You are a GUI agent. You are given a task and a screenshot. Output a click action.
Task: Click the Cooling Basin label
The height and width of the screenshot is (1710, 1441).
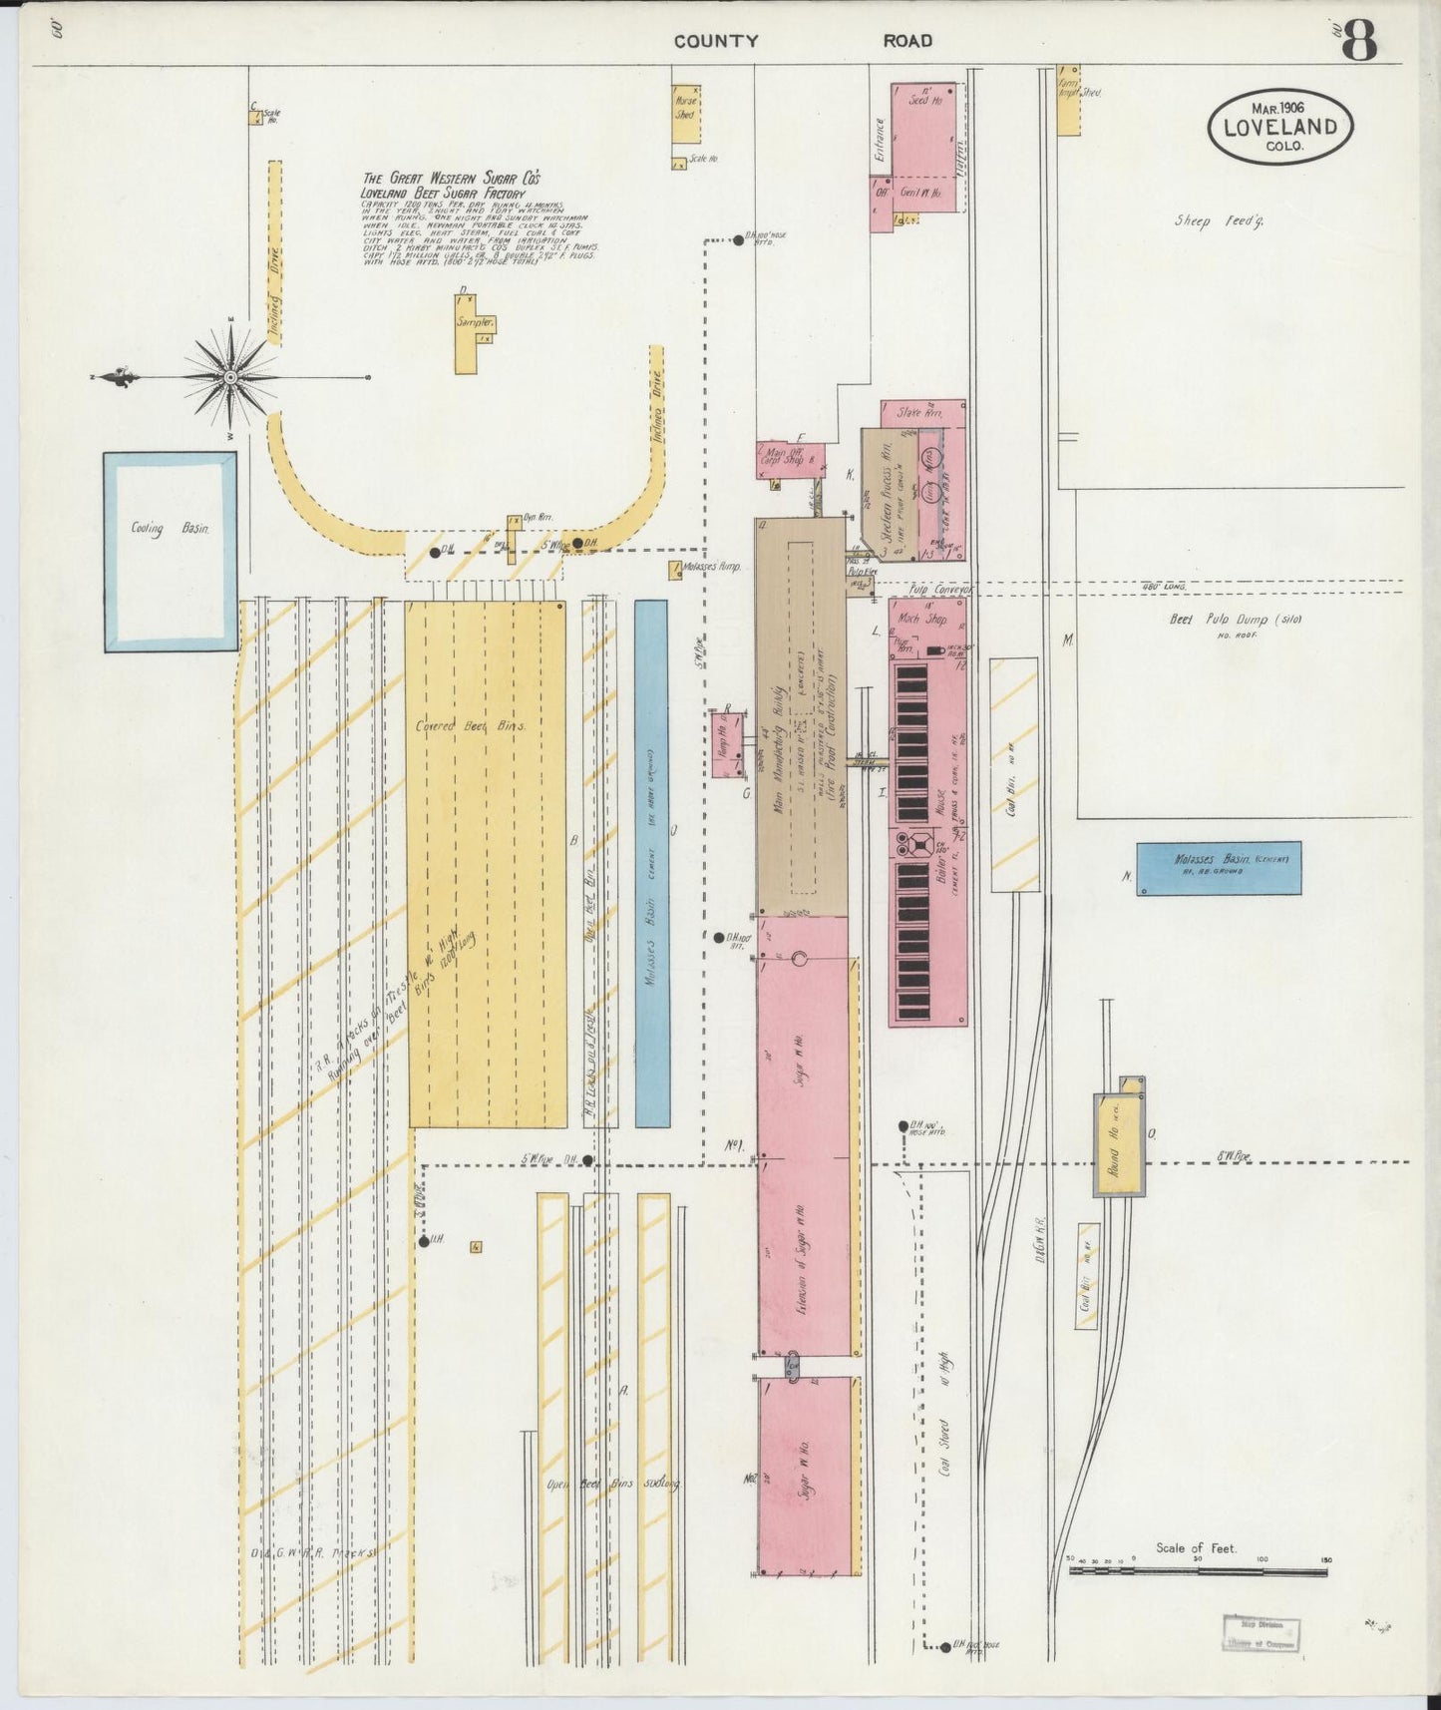(170, 529)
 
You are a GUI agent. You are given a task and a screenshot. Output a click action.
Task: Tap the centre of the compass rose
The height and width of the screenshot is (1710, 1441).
(230, 377)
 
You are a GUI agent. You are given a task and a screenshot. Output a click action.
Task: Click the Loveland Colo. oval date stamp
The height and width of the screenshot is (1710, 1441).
(1280, 127)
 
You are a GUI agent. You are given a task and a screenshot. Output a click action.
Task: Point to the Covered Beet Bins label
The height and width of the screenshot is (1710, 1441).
(471, 726)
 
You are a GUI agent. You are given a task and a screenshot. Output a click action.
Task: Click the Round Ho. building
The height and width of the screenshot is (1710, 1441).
(1119, 1144)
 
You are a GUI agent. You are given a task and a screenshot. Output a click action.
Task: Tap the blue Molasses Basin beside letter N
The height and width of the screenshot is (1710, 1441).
(1219, 868)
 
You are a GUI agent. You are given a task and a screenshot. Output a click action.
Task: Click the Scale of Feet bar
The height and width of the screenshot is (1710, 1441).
(1197, 1571)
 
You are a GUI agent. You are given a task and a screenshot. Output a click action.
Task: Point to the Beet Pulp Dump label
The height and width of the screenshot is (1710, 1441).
(1236, 620)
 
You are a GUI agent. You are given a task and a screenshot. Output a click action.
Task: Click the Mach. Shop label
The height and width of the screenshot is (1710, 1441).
(921, 619)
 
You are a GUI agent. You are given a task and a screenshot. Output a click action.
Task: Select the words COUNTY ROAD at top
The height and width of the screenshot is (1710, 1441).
(802, 41)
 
